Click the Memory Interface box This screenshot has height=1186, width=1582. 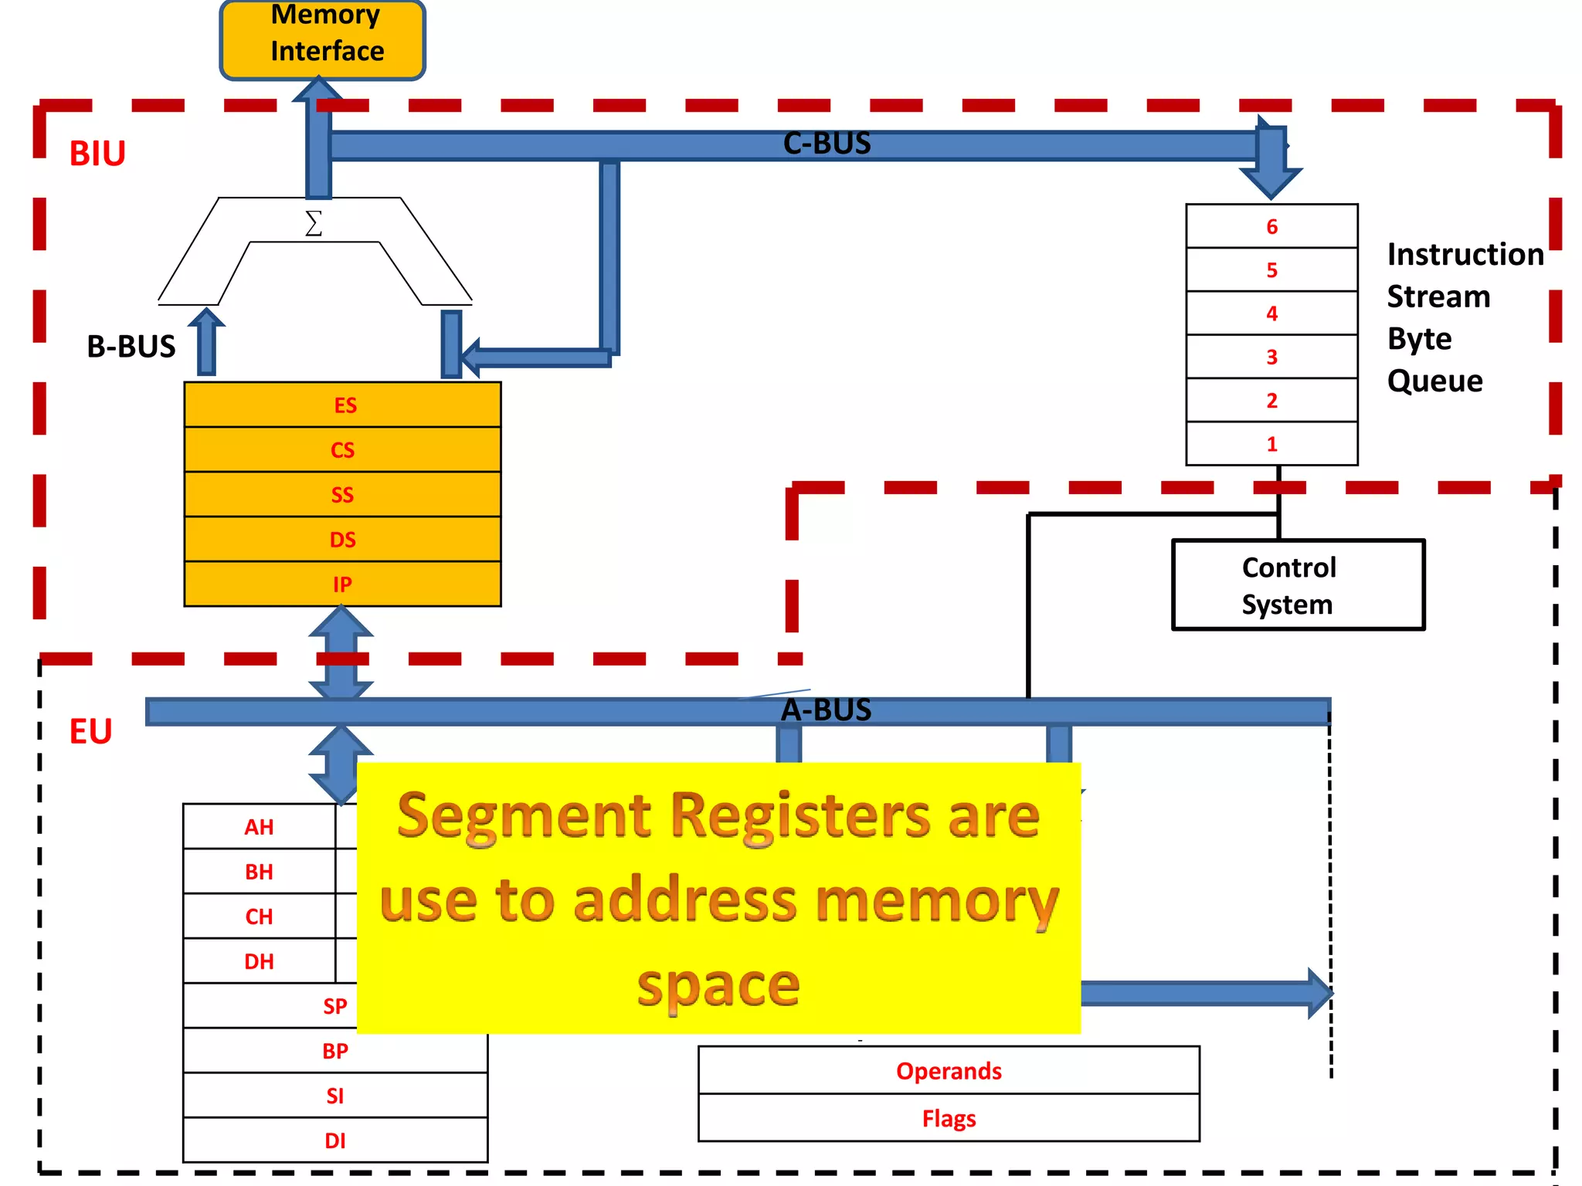coord(323,39)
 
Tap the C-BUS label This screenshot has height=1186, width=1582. coord(827,144)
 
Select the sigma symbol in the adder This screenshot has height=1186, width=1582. coord(313,223)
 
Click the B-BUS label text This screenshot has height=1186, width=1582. coord(131,347)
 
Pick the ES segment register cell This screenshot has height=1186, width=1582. coord(343,405)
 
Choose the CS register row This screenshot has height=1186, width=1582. coord(343,449)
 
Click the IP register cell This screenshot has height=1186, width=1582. coord(343,584)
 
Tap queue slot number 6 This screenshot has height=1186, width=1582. coord(1271,226)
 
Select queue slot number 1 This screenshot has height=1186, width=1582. coord(1271,444)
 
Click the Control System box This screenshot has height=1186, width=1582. coord(1298,585)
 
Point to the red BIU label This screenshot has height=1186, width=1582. coord(97,154)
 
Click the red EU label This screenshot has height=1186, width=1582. coord(90,731)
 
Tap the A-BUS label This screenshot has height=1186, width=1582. coord(826,710)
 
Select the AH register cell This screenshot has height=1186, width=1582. coord(260,827)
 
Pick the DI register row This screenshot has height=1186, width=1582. coord(335,1140)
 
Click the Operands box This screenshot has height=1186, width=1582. coord(949,1071)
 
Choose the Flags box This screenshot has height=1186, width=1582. coord(949,1118)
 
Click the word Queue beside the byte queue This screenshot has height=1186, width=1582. coord(1434,381)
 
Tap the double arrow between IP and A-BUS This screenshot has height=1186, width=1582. coord(341,653)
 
